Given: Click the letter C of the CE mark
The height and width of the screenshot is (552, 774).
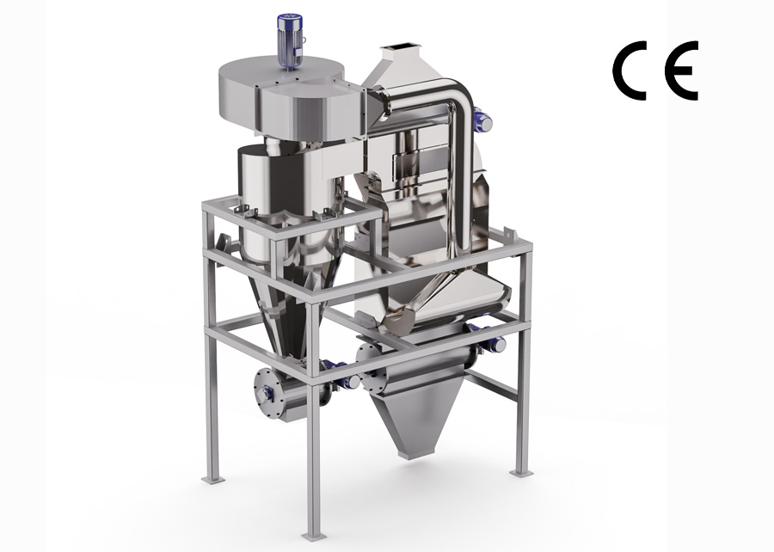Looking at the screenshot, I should pyautogui.click(x=632, y=72).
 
